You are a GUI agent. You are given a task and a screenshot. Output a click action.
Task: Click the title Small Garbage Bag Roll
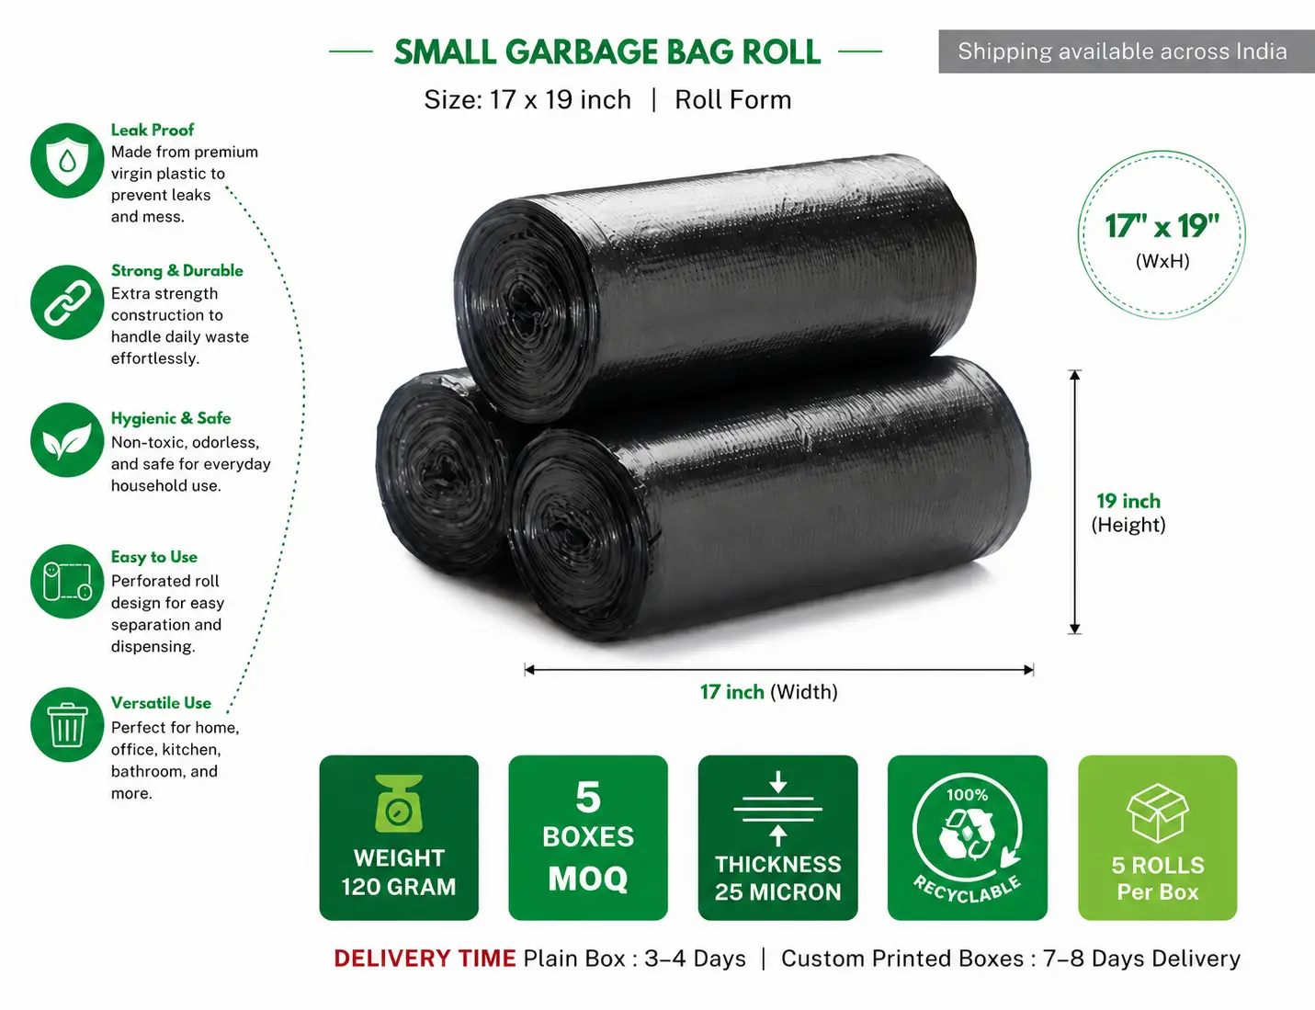607,52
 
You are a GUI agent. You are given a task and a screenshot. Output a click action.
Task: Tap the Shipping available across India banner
1127,51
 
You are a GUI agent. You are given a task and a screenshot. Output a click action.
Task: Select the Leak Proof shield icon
67,160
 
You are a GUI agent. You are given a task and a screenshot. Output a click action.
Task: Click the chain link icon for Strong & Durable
67,302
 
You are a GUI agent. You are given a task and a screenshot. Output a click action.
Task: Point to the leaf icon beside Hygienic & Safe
67,440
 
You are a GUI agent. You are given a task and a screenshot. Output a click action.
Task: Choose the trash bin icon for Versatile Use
67,724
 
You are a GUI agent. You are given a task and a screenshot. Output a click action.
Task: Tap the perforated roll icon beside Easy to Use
67,581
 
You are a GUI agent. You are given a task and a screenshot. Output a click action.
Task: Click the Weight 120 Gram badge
399,837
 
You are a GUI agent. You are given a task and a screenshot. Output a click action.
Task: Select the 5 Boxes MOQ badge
588,837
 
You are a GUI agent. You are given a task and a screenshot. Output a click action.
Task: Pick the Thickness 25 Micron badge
777,837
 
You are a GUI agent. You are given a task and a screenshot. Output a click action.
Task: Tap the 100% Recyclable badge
967,837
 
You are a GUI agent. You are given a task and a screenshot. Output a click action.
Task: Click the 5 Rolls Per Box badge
1158,837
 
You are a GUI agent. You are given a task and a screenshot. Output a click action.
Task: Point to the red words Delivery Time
425,959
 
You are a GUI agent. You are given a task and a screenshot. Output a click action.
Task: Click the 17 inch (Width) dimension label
769,692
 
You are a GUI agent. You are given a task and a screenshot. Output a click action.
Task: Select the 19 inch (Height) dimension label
1128,513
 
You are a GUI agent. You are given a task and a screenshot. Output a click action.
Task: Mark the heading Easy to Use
153,557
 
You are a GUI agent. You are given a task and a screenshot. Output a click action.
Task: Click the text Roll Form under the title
732,100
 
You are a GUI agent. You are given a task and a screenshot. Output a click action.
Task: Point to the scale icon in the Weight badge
399,803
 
